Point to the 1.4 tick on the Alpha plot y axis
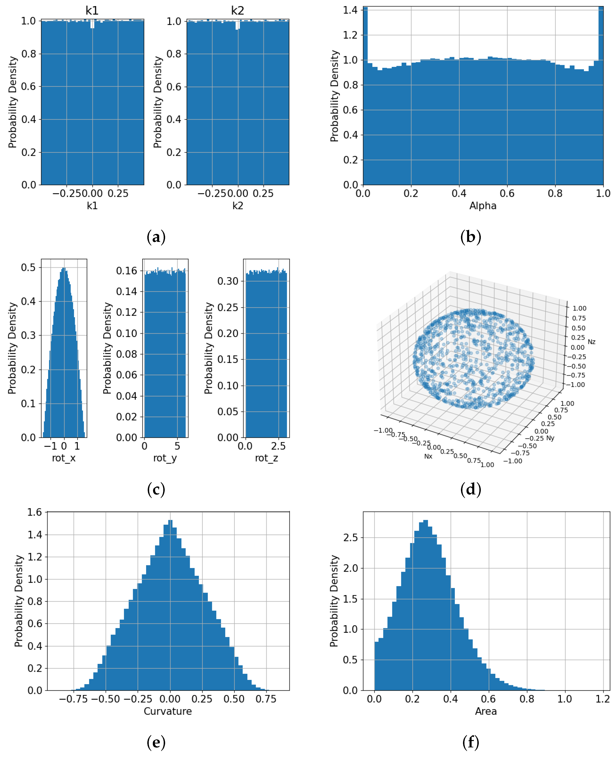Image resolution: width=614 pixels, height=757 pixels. [350, 10]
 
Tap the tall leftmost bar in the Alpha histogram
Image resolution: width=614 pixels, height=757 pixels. [365, 96]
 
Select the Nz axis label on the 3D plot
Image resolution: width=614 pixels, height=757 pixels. [591, 342]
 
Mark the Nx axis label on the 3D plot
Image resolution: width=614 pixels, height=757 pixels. [428, 456]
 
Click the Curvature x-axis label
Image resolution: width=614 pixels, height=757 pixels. [168, 711]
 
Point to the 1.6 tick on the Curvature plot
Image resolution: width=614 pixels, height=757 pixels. [35, 512]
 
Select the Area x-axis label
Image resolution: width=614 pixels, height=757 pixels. [486, 711]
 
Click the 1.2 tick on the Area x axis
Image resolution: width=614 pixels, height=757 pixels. [602, 699]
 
